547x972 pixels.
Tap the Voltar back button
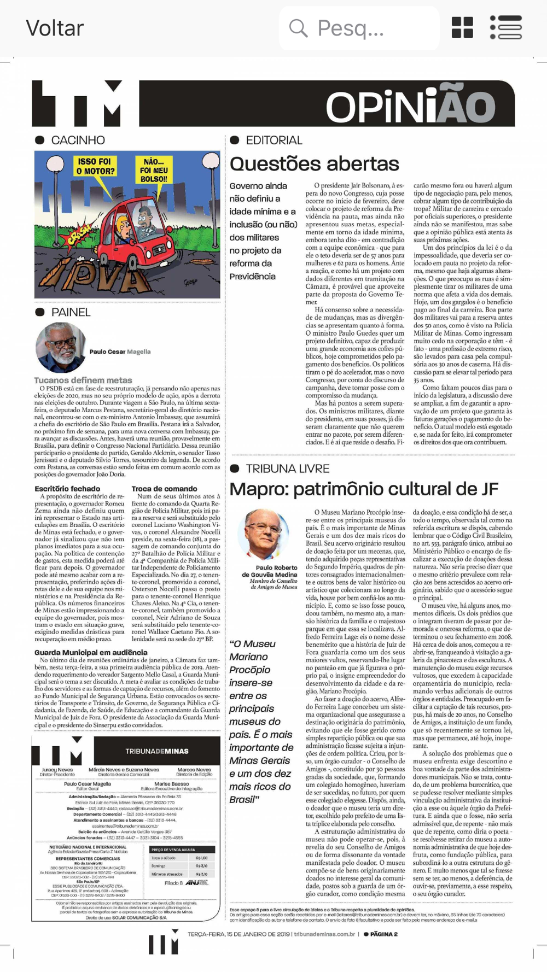click(x=55, y=28)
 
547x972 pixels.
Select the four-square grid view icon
click(x=462, y=27)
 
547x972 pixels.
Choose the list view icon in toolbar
click(x=506, y=27)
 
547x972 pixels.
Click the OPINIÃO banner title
click(x=410, y=106)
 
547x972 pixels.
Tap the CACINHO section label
click(x=78, y=140)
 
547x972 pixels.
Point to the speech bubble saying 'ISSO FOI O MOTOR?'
click(x=95, y=167)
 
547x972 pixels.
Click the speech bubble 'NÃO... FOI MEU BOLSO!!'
click(x=154, y=170)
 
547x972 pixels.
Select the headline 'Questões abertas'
click(x=315, y=164)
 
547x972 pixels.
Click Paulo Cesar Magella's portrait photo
click(x=60, y=348)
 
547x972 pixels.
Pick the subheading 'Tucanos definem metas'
click(x=83, y=380)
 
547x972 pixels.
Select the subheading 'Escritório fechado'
click(x=67, y=489)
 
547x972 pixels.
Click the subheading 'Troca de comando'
click(x=164, y=489)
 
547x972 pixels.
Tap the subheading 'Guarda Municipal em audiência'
click(x=91, y=652)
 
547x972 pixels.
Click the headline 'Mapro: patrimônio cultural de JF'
click(x=364, y=489)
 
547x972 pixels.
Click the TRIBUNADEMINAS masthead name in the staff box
click(x=156, y=751)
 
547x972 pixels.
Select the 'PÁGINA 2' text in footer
click(x=383, y=934)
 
